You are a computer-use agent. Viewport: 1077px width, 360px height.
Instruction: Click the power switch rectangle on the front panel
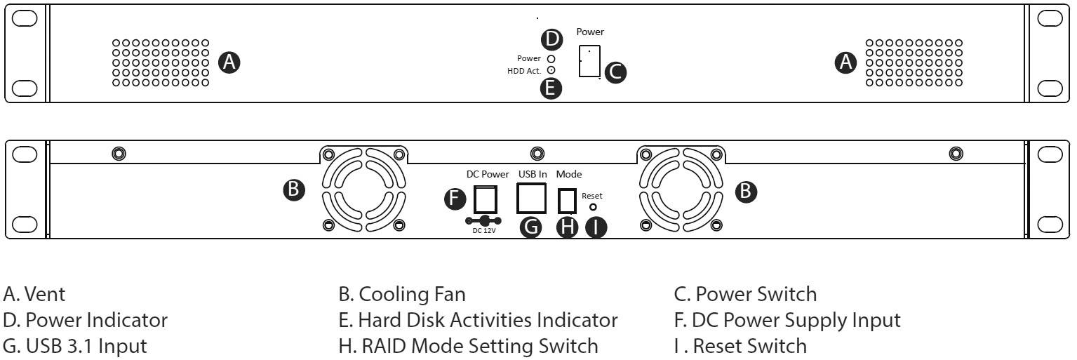click(589, 62)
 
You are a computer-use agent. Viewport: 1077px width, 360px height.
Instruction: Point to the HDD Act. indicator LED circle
click(551, 70)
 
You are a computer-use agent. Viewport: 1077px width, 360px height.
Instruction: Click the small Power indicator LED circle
click(551, 59)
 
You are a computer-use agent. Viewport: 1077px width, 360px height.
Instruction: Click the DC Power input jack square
click(487, 200)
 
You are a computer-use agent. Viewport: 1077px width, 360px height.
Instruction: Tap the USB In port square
click(531, 199)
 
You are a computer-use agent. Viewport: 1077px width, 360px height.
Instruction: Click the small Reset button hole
click(593, 207)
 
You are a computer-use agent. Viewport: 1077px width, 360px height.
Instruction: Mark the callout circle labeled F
click(456, 200)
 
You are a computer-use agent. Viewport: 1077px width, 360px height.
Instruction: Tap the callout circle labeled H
click(567, 228)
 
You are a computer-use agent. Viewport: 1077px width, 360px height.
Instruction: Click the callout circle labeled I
click(596, 228)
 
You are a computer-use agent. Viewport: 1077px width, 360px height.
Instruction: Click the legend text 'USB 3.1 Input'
click(75, 346)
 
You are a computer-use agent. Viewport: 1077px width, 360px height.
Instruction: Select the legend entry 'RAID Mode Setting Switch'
click(468, 346)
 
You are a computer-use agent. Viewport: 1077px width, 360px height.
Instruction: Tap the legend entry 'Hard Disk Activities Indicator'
click(478, 321)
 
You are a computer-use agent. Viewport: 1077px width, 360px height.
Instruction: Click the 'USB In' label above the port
click(533, 174)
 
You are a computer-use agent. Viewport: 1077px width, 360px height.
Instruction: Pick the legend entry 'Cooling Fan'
click(402, 293)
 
